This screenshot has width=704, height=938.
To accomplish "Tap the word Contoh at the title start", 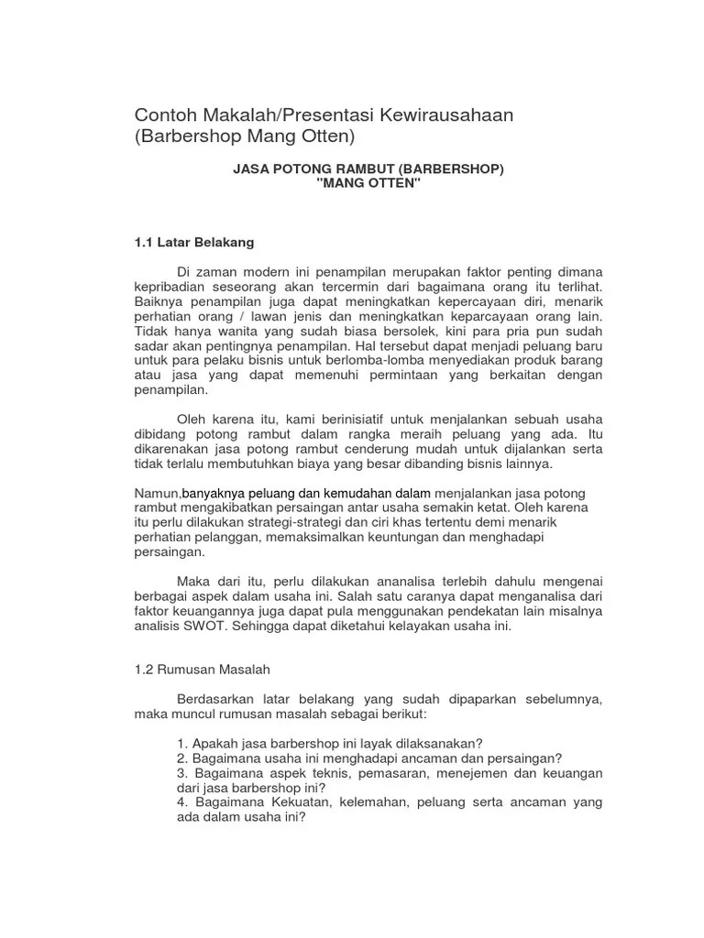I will coord(165,115).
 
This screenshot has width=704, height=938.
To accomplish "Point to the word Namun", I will coord(157,494).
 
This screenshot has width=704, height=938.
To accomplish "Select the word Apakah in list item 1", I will coord(213,743).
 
